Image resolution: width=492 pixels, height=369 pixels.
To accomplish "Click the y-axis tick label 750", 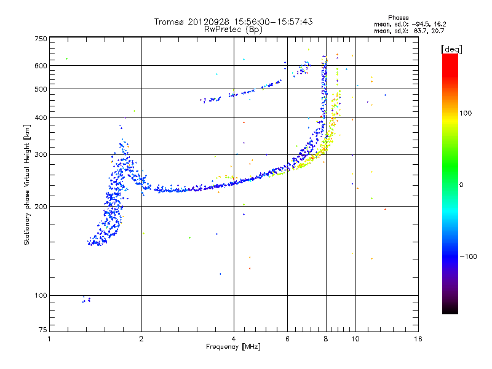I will coord(40,38).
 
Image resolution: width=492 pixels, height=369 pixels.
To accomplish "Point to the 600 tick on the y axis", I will coord(40,65).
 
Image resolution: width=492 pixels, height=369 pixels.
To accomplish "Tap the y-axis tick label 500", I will coord(40,89).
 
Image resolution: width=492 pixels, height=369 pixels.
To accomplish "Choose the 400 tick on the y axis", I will coord(40,117).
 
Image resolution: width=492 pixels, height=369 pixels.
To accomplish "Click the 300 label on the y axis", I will coord(40,154).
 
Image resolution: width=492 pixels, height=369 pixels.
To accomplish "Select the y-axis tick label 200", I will coord(40,206).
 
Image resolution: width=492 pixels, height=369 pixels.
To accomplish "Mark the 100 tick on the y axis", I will coord(40,295).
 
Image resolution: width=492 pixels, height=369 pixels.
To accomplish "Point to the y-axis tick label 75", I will coord(42,332).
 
